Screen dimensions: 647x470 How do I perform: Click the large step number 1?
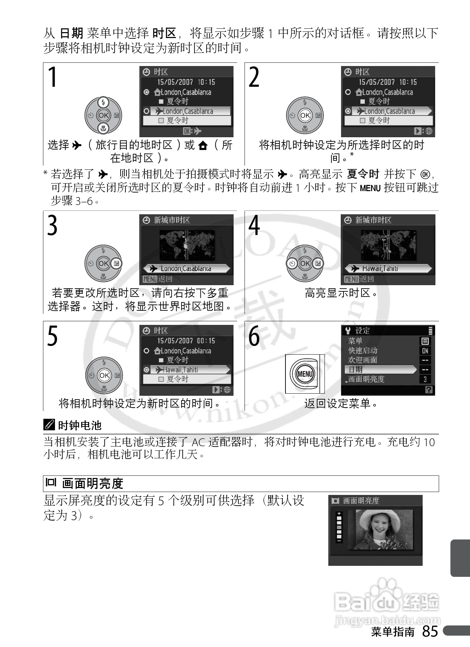(x=53, y=77)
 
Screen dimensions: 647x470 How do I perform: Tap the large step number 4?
(x=254, y=225)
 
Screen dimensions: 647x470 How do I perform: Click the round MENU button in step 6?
(x=305, y=374)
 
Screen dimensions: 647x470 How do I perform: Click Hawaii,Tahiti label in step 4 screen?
(x=380, y=269)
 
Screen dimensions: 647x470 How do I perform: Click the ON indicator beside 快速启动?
(x=425, y=350)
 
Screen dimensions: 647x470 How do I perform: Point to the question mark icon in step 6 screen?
(x=429, y=390)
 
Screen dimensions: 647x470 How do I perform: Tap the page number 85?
(x=430, y=631)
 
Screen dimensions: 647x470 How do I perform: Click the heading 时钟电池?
(x=79, y=425)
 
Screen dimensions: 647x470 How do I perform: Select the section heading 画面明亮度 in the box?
(x=93, y=483)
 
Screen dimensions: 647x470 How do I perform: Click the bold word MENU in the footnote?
(x=370, y=189)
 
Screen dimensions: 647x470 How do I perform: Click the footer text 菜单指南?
(x=393, y=632)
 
